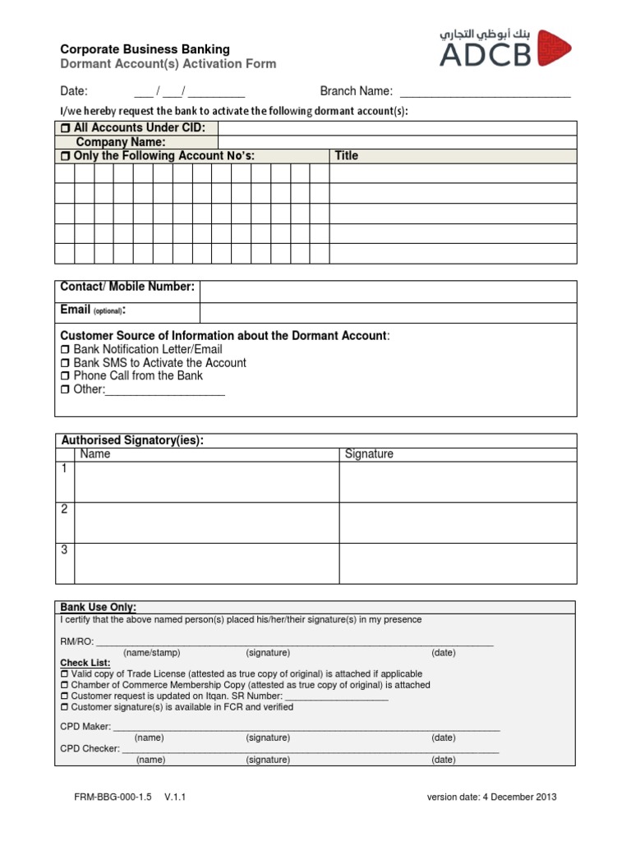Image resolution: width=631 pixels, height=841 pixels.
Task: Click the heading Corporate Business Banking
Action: [145, 49]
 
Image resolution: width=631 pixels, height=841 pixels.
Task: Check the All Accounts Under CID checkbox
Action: [66, 128]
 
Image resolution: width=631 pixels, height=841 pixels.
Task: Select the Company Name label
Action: [121, 142]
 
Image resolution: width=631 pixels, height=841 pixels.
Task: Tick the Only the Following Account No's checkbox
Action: [66, 156]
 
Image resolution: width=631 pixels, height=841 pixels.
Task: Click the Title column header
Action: [347, 156]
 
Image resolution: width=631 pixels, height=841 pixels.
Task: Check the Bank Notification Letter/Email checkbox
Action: [66, 350]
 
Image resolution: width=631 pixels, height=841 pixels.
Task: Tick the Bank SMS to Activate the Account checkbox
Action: [66, 363]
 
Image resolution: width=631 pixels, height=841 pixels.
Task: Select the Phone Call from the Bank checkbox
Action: [66, 376]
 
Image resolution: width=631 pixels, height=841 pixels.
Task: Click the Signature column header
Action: [369, 454]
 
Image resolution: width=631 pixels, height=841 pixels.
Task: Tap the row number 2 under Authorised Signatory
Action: [64, 509]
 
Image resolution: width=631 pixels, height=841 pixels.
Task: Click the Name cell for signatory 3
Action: [206, 563]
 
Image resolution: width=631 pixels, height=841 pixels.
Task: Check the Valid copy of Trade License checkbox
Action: [66, 673]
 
